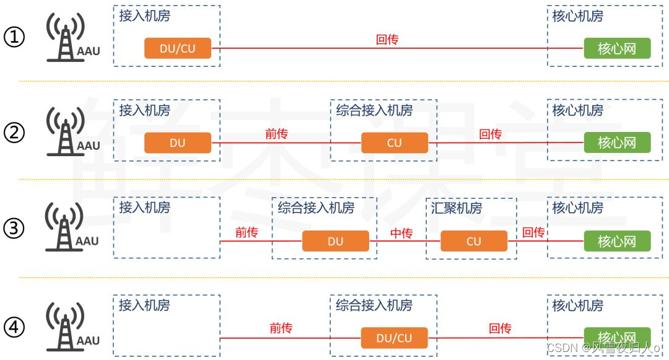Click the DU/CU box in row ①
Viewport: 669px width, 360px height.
[178, 48]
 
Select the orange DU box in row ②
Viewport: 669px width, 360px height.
[178, 143]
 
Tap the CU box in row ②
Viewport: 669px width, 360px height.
[395, 143]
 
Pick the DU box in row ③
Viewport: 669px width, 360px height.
[335, 241]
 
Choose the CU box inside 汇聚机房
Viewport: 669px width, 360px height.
[474, 241]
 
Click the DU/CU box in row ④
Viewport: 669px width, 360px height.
[395, 338]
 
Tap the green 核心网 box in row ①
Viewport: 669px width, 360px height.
[617, 48]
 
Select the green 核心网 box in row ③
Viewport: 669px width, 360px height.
[617, 241]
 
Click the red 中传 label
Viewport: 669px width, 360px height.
[401, 234]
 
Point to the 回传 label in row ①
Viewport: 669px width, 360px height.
[387, 40]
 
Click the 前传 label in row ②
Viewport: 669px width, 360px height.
[276, 134]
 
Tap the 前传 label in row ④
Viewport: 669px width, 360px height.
[281, 329]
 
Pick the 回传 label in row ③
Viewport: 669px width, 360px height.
[533, 233]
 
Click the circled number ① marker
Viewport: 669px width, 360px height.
[14, 38]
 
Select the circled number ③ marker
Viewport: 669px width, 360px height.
[14, 229]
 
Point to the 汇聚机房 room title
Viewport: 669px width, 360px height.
[457, 208]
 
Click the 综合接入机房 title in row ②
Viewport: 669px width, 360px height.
[374, 111]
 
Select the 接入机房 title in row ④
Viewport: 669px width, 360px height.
[144, 305]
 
